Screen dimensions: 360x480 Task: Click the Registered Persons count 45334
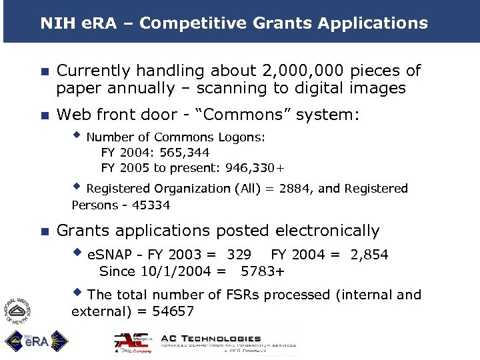coord(150,205)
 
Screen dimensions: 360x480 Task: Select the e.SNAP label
coord(111,255)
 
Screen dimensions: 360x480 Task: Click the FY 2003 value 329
coord(239,255)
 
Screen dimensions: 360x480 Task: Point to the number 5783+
coord(263,271)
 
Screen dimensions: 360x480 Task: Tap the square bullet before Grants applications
coord(44,232)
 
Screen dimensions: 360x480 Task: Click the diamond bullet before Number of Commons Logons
coord(77,135)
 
